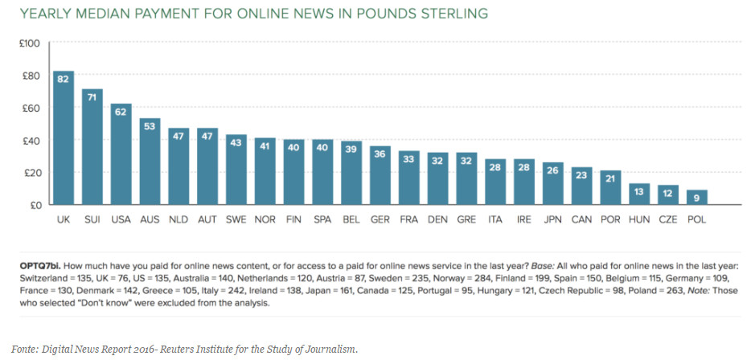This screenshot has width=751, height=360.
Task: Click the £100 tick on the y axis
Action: tap(29, 43)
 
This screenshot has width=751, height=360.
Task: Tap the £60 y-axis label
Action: tap(31, 108)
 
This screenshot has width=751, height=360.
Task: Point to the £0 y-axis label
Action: tap(34, 205)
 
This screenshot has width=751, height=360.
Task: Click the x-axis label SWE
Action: tap(236, 220)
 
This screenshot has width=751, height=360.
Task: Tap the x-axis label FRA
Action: tap(409, 220)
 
